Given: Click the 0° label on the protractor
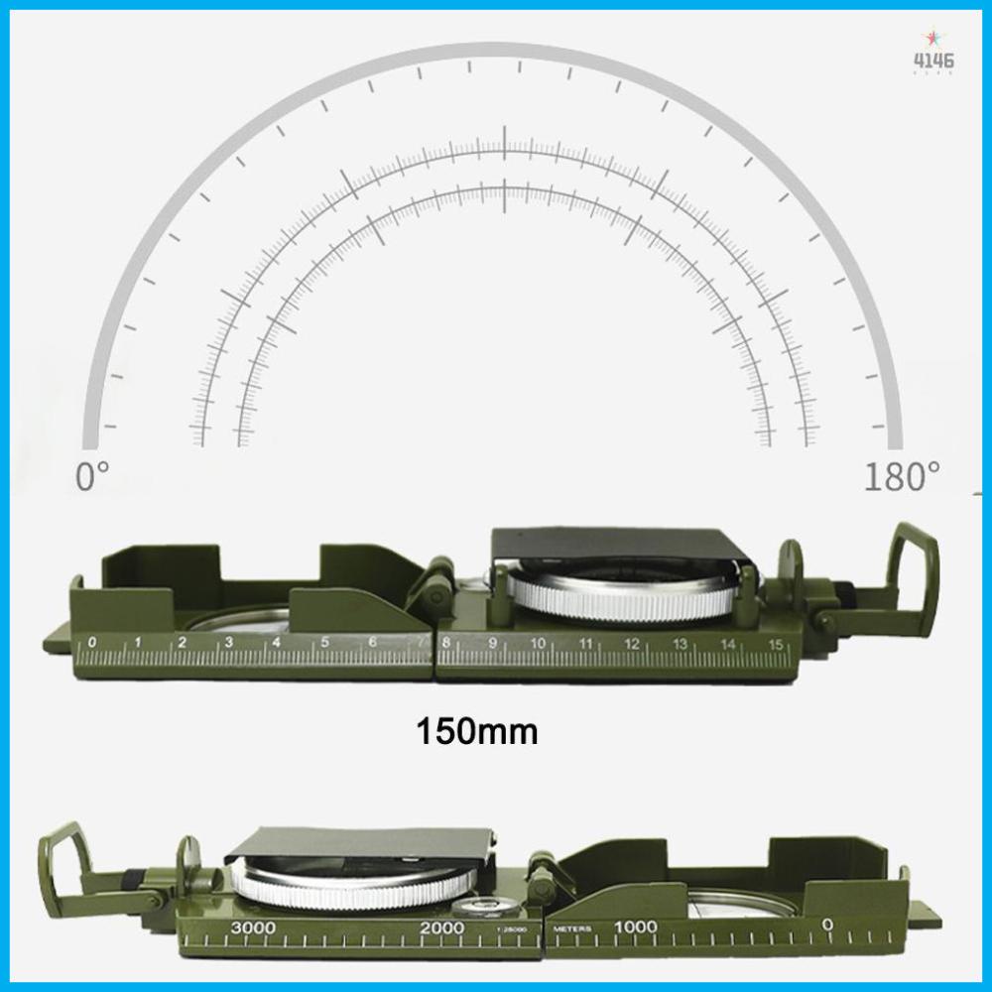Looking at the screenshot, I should pyautogui.click(x=91, y=476).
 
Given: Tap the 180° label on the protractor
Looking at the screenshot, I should pyautogui.click(x=901, y=476).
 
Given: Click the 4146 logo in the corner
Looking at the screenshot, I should pyautogui.click(x=933, y=61).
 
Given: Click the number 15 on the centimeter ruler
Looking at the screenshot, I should pyautogui.click(x=776, y=645).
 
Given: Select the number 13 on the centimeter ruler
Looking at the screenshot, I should pyautogui.click(x=681, y=645).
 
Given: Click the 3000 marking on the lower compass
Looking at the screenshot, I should pyautogui.click(x=255, y=927).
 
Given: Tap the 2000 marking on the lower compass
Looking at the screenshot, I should pyautogui.click(x=441, y=927).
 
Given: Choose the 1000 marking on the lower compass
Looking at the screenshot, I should pyautogui.click(x=635, y=927).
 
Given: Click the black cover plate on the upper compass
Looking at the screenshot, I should pyautogui.click(x=620, y=544).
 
